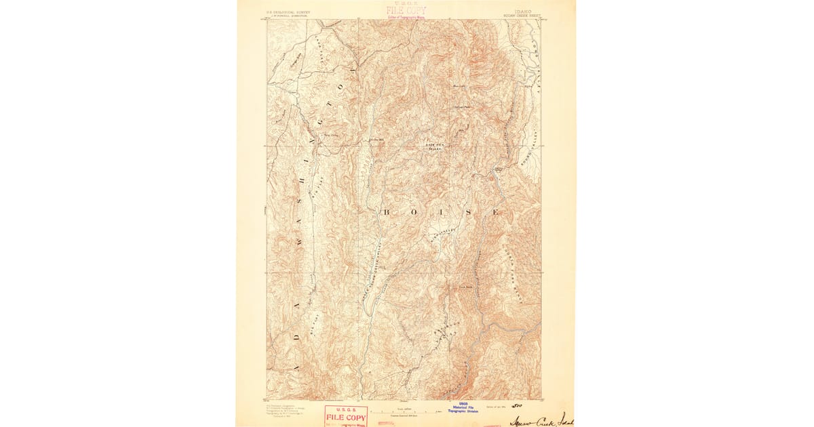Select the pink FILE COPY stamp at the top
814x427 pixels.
(x=406, y=11)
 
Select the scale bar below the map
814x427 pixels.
(x=404, y=411)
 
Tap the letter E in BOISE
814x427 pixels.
(x=495, y=212)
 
